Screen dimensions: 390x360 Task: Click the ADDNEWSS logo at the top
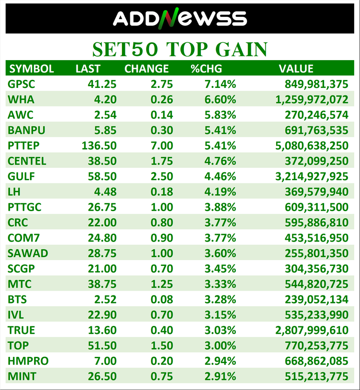pos(179,18)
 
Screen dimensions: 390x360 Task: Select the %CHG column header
pos(206,68)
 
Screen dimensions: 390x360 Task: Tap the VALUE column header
pos(296,68)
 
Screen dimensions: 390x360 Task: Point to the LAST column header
pos(88,68)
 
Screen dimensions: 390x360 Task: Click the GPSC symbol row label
pos(21,84)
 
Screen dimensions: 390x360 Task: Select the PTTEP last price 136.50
pos(99,146)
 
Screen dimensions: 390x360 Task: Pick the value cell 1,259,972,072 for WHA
pos(311,99)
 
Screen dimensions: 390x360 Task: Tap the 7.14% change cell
pos(220,84)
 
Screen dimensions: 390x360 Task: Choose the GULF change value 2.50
pos(162,177)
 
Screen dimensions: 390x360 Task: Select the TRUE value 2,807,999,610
pos(311,330)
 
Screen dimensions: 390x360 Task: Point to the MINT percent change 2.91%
pos(220,376)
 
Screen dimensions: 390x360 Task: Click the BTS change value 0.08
pos(162,299)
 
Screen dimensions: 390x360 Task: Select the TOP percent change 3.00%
pos(220,346)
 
